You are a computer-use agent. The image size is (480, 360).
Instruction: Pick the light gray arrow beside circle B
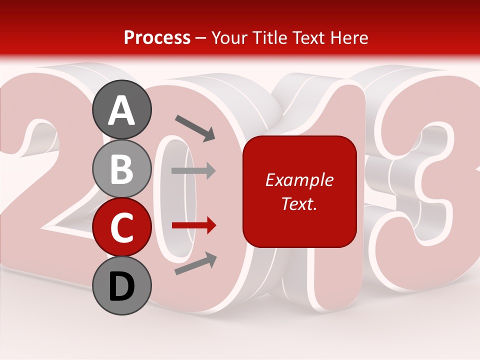click(193, 170)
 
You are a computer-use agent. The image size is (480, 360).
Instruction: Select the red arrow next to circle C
click(193, 226)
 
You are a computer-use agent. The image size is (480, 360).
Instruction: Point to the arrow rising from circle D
click(195, 263)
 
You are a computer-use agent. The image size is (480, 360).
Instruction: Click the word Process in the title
click(157, 38)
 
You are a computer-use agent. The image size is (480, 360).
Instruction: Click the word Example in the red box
click(299, 180)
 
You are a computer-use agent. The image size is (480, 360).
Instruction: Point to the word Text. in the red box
click(299, 203)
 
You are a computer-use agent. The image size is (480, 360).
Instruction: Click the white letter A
click(122, 110)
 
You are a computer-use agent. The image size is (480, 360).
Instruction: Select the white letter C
click(122, 228)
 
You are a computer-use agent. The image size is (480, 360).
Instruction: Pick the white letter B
click(122, 169)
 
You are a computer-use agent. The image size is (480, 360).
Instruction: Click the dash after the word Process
click(201, 38)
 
